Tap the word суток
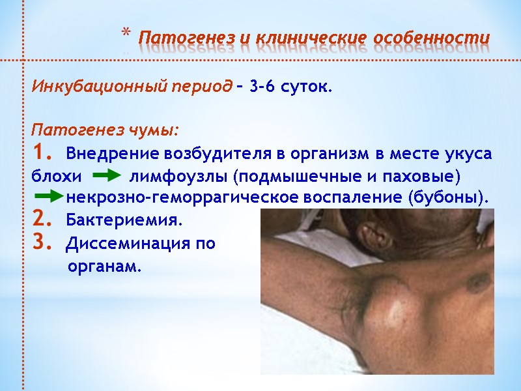pos(307,87)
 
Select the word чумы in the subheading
pos(154,130)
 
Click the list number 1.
pos(40,154)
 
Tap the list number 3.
pos(40,242)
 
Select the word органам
pos(104,267)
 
